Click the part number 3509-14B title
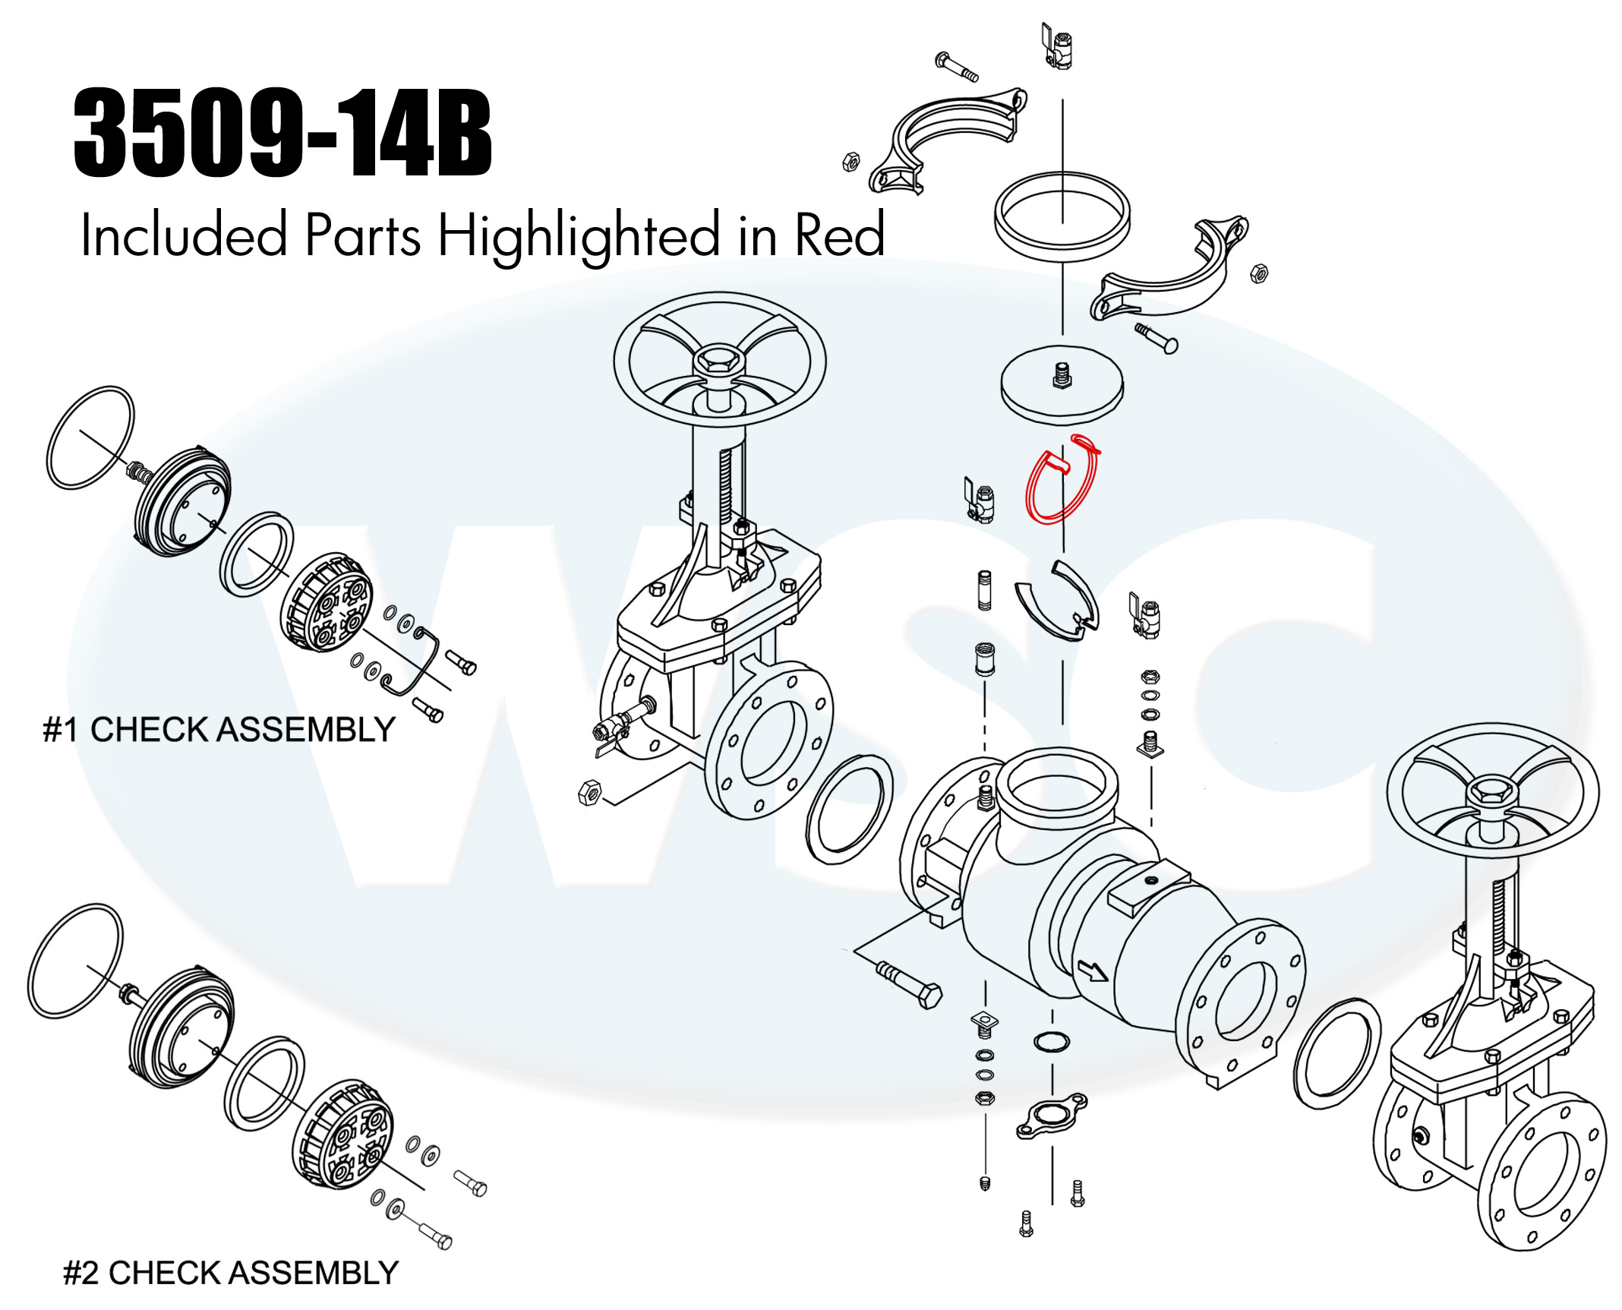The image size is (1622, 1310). [x=282, y=133]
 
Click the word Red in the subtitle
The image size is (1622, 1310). [x=840, y=235]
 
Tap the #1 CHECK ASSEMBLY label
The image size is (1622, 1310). [x=219, y=730]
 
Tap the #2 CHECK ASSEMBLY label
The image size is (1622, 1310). [x=231, y=1273]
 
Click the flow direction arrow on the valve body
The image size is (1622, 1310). [x=1093, y=971]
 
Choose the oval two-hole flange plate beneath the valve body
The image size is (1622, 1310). [x=1052, y=1115]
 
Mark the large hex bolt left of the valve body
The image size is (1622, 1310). [x=909, y=983]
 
